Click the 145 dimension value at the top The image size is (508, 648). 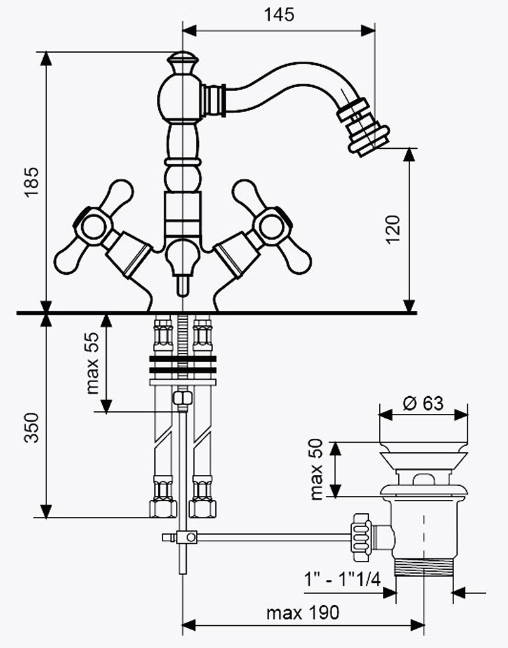(279, 15)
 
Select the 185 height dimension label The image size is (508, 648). (32, 183)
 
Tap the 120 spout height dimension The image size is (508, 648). (393, 230)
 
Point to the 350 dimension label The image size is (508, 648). (32, 428)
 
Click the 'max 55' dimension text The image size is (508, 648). (93, 363)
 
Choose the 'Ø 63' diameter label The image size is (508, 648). (423, 403)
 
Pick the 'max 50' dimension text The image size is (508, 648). (316, 469)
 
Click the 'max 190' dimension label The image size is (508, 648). (303, 612)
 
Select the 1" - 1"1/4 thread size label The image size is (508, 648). (342, 579)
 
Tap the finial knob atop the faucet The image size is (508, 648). (182, 62)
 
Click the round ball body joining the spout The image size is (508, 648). (180, 97)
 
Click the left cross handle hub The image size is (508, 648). (94, 227)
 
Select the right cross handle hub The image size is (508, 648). (272, 227)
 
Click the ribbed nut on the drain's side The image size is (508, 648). (361, 537)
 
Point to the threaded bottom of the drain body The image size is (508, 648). (424, 567)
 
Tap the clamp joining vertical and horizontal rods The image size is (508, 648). (186, 537)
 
